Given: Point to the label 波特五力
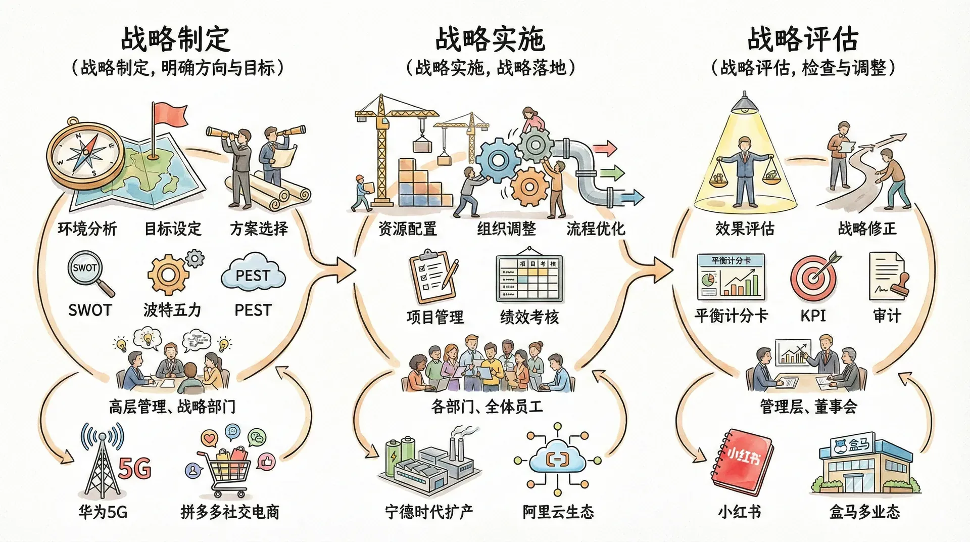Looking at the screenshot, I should (x=172, y=310).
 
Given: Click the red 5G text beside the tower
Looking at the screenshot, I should (x=135, y=469).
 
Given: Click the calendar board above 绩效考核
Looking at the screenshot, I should (x=529, y=277).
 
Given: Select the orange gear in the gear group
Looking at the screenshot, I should (x=528, y=187).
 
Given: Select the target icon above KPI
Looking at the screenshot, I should (x=813, y=278).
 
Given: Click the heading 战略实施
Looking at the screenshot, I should (x=490, y=39).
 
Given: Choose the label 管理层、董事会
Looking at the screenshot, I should (x=808, y=406).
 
